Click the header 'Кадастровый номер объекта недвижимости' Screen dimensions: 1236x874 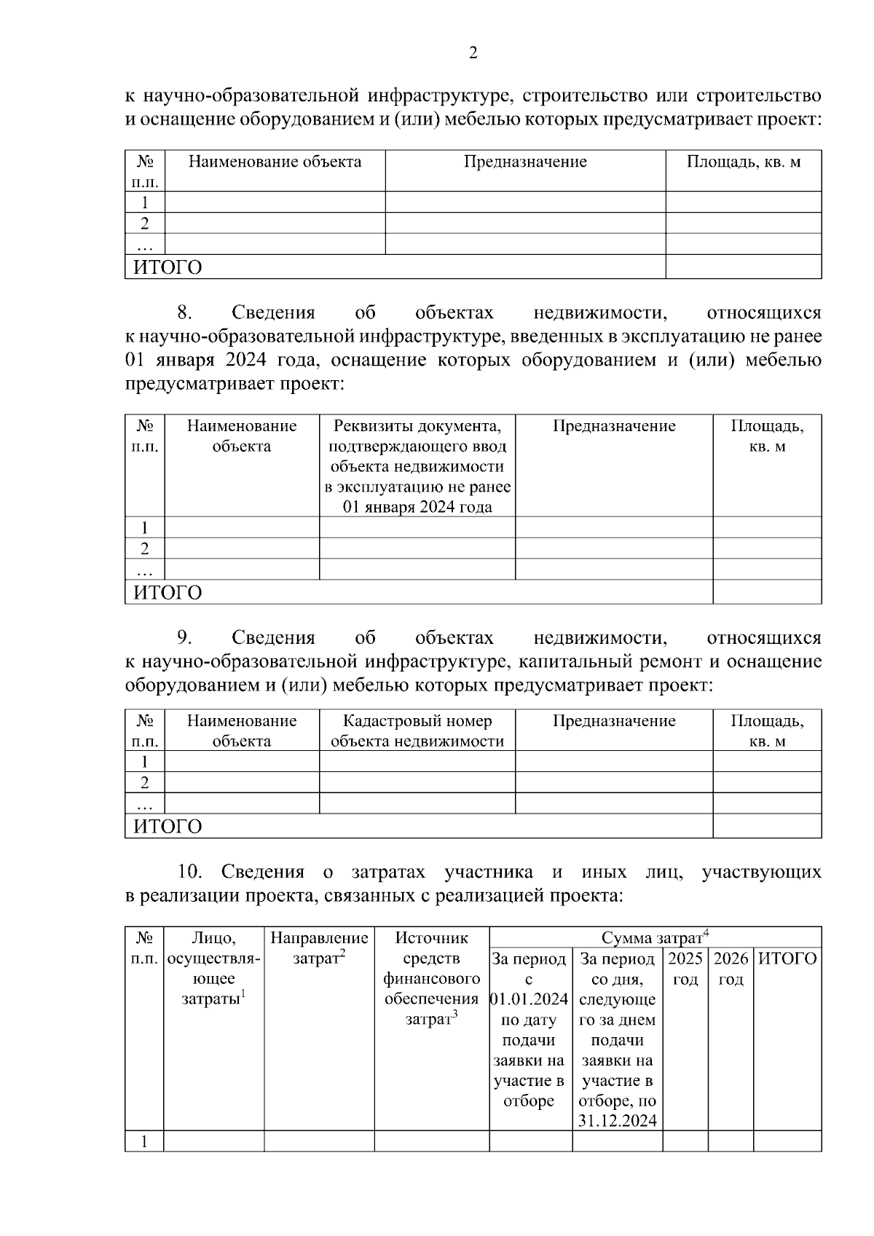(x=417, y=731)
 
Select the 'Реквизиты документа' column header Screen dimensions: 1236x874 (x=417, y=466)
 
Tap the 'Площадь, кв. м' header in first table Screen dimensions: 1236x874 (x=744, y=162)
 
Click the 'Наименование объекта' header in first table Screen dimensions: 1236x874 (x=275, y=162)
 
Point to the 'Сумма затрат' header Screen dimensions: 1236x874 (x=655, y=937)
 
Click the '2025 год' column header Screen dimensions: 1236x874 (x=685, y=969)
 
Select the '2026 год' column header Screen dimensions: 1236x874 (x=731, y=969)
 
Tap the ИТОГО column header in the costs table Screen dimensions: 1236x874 (x=787, y=959)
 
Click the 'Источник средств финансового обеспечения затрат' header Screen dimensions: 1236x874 (x=432, y=978)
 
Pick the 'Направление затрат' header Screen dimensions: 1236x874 (x=319, y=948)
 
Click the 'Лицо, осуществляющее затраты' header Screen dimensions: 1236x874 (x=213, y=968)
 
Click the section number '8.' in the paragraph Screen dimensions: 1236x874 (x=185, y=313)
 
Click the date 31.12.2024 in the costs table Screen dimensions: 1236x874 (x=618, y=1121)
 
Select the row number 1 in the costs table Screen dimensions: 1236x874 (x=144, y=1141)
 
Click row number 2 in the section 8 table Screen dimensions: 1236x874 (x=144, y=548)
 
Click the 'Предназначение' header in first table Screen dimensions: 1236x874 (x=525, y=162)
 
